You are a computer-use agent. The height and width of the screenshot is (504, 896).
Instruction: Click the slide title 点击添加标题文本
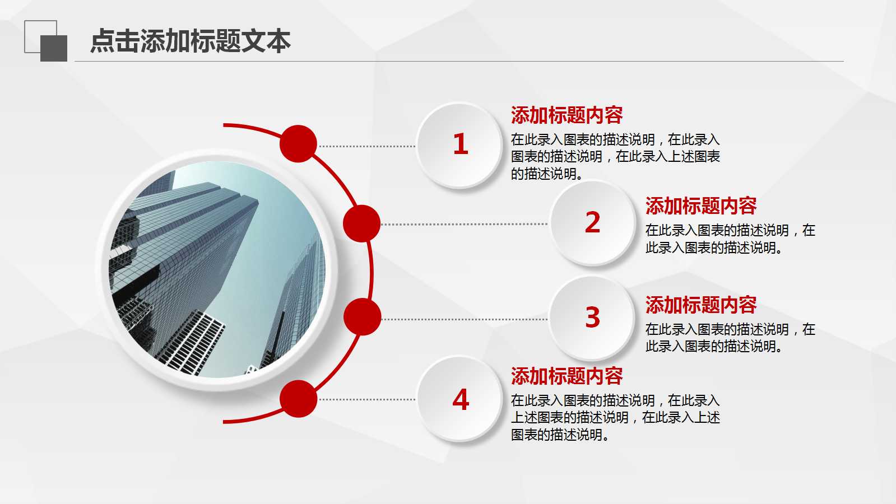(191, 41)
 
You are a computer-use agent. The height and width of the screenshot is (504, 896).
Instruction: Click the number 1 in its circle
(460, 144)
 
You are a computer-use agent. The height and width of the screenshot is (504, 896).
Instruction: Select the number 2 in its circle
(592, 222)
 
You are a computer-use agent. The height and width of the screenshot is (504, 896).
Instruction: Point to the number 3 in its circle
(592, 318)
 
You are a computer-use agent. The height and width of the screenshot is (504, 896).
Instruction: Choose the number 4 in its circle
(460, 400)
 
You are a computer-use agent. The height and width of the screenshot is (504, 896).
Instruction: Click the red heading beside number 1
(567, 115)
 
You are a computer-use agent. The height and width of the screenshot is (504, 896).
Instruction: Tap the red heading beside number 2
(700, 206)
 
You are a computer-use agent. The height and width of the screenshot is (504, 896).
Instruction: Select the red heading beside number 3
(700, 305)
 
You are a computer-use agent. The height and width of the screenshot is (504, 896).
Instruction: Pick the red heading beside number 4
(567, 376)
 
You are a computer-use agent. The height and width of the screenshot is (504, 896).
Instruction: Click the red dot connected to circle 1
(298, 144)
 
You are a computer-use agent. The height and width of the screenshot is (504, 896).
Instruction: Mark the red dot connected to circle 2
(361, 223)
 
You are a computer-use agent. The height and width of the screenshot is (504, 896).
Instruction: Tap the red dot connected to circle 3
(362, 317)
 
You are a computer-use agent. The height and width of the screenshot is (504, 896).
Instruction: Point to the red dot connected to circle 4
(298, 399)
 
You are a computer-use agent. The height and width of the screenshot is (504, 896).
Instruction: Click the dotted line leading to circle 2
(465, 224)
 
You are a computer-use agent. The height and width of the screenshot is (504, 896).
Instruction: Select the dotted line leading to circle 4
(367, 399)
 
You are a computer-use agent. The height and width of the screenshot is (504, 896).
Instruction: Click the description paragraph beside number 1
(615, 157)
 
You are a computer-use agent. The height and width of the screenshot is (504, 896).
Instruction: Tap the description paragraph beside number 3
(730, 338)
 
